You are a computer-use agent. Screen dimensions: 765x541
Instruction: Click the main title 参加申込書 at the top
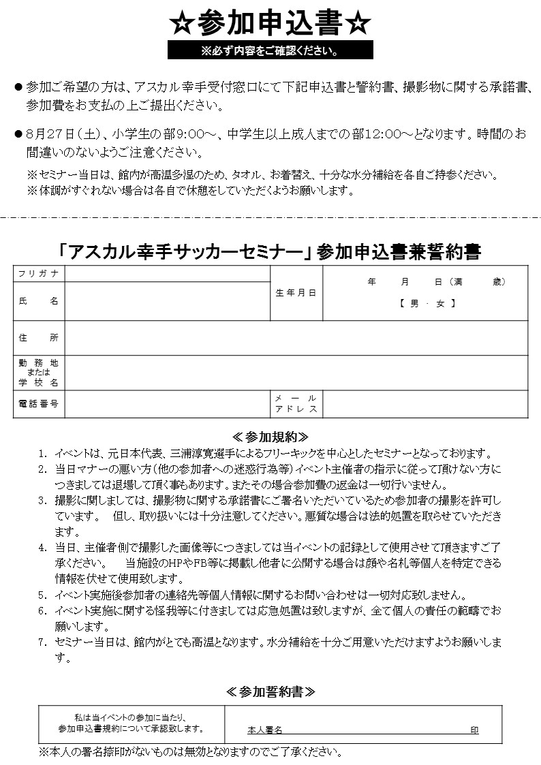click(x=270, y=24)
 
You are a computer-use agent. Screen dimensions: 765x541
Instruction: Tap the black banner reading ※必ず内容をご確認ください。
click(x=270, y=50)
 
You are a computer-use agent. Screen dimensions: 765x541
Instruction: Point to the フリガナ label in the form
click(x=39, y=273)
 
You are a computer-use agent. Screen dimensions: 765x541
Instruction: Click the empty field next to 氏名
click(x=168, y=301)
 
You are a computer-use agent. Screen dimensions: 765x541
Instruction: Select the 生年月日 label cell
click(x=296, y=293)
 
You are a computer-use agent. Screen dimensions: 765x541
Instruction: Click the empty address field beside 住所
click(x=296, y=338)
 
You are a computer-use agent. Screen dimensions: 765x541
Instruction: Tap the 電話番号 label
click(x=39, y=404)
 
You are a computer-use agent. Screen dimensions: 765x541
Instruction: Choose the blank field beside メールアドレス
click(x=425, y=404)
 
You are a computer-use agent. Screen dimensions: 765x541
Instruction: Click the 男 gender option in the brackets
click(x=414, y=304)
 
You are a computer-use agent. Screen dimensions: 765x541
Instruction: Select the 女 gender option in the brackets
click(x=440, y=304)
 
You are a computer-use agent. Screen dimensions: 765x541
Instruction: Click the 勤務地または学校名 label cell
click(x=39, y=373)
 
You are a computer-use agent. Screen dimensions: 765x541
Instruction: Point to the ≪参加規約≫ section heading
click(x=270, y=436)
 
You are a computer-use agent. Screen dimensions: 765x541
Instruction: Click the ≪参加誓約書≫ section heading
click(x=270, y=691)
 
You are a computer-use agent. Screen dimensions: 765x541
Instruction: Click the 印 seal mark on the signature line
click(x=474, y=730)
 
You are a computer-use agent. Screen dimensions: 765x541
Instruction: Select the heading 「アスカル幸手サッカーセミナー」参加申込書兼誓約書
click(x=270, y=252)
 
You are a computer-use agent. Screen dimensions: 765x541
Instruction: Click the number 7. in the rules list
click(x=42, y=642)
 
